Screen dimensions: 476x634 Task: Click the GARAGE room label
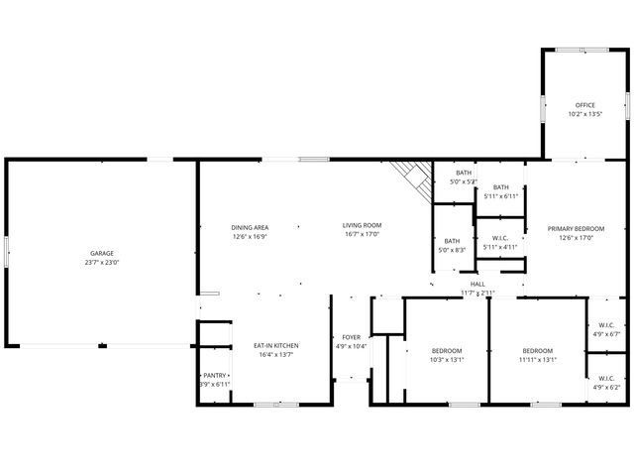click(x=102, y=253)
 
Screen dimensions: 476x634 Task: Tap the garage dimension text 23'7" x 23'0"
click(x=102, y=262)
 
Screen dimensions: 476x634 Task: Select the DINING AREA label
click(x=250, y=226)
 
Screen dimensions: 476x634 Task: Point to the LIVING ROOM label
click(x=362, y=226)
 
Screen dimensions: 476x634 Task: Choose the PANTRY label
click(x=215, y=376)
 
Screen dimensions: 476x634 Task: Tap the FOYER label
click(x=352, y=337)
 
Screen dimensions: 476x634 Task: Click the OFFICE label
click(x=585, y=105)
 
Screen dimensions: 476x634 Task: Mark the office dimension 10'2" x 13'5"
click(x=585, y=114)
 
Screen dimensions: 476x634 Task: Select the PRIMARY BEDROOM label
click(x=576, y=228)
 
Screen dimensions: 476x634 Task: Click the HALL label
click(x=477, y=284)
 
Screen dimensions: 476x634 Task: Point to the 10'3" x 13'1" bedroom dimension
click(x=447, y=360)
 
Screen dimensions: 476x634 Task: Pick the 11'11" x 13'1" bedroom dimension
click(x=538, y=360)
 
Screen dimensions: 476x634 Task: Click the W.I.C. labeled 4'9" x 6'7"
click(x=606, y=325)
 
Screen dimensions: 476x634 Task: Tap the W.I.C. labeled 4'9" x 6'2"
click(x=606, y=378)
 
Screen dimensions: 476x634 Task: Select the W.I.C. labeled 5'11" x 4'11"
click(x=500, y=238)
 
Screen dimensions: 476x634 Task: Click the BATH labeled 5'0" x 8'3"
click(x=452, y=241)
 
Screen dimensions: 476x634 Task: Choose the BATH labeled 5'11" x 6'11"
click(x=501, y=187)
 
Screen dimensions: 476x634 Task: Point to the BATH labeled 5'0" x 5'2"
click(x=464, y=174)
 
